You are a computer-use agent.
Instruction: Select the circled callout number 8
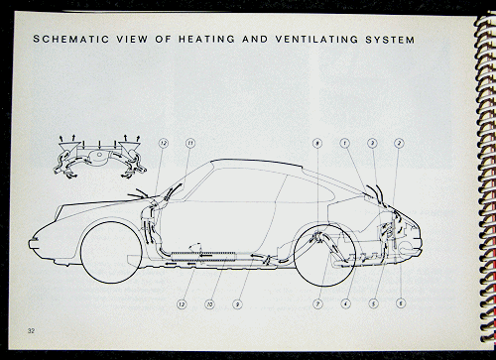pos(315,144)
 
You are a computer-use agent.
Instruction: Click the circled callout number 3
pos(371,144)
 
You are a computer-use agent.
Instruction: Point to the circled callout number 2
pos(399,144)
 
